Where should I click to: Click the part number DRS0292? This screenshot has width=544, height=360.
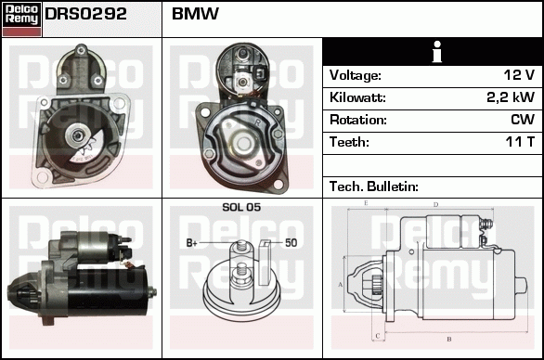[x=86, y=15]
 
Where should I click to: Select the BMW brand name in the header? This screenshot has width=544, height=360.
[x=195, y=15]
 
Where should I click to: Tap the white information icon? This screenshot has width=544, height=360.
[x=433, y=52]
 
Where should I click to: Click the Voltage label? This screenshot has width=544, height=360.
[x=356, y=75]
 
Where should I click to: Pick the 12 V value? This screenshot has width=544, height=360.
[x=517, y=75]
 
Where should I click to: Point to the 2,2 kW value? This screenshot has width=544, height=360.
[x=510, y=97]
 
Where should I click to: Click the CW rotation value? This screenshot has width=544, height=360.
[x=522, y=120]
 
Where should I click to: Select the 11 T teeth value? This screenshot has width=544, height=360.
[x=517, y=142]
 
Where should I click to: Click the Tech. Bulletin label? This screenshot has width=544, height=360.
[x=374, y=186]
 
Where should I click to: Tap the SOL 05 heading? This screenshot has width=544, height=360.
[x=241, y=207]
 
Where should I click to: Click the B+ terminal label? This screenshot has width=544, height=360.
[x=192, y=243]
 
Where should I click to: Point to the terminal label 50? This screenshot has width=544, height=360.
[x=291, y=243]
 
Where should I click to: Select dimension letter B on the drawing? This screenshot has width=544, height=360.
[x=449, y=338]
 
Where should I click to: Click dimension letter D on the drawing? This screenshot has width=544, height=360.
[x=435, y=205]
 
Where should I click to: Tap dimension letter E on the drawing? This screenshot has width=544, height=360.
[x=366, y=202]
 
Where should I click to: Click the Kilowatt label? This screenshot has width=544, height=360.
[x=357, y=97]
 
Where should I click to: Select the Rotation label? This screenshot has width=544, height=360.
[x=357, y=120]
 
